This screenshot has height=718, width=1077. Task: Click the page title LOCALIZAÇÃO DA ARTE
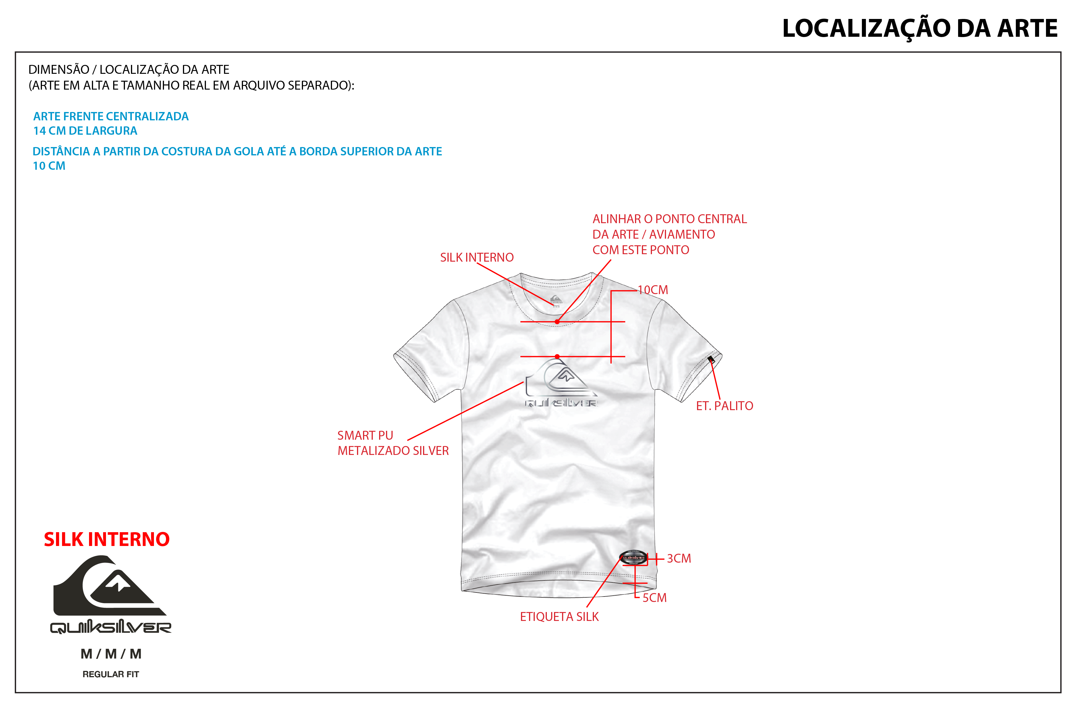point(920,28)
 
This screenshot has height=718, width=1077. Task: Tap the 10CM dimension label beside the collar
point(653,290)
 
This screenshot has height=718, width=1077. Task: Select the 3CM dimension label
point(679,559)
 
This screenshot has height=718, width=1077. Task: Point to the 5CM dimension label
point(654,598)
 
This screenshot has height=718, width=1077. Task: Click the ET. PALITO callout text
point(724,406)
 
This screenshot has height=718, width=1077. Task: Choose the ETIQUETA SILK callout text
point(559,617)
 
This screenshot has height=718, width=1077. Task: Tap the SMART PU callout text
point(365,435)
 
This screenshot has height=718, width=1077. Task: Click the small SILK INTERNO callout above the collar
point(477,257)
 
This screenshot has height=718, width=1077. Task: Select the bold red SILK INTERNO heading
point(107,539)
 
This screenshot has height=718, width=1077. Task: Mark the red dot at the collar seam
point(557,322)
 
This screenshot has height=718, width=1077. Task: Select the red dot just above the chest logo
point(557,356)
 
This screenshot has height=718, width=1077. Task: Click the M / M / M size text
point(111,654)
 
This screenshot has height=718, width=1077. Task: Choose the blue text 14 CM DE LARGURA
point(85,131)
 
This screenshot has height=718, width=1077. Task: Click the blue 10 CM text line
point(49,166)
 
